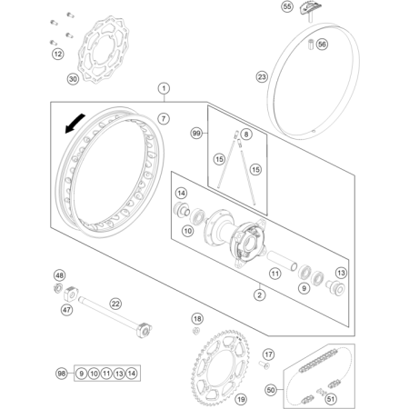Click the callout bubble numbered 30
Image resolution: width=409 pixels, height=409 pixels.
point(73,79)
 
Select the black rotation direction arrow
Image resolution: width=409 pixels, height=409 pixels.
point(75,124)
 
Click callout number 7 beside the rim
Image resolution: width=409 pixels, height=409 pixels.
point(164,118)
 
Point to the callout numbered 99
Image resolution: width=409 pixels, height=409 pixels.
point(196,133)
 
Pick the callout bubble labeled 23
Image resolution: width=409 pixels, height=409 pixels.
point(262,76)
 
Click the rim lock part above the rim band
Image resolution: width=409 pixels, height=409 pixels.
point(310,10)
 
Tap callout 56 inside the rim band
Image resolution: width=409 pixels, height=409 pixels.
point(322,45)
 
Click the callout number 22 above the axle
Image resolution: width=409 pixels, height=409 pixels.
point(115,304)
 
